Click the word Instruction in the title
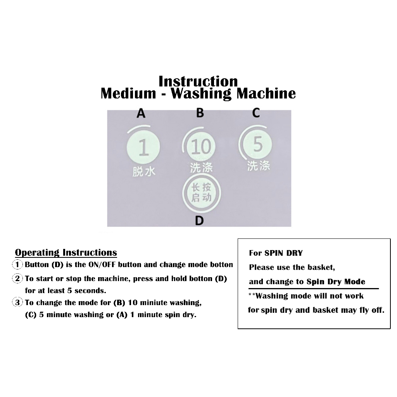(198, 81)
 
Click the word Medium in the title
(128, 93)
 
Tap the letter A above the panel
(141, 113)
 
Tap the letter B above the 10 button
(200, 113)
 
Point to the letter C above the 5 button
(256, 113)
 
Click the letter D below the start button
(199, 221)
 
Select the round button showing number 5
(257, 144)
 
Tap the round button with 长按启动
(202, 193)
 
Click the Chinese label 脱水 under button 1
(144, 172)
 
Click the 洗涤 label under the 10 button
(202, 167)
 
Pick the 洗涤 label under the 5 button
(259, 166)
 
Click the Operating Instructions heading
(66, 253)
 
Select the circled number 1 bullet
(17, 265)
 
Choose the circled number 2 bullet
(17, 279)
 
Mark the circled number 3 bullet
(17, 302)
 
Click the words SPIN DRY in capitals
(283, 253)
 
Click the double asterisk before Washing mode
(252, 295)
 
